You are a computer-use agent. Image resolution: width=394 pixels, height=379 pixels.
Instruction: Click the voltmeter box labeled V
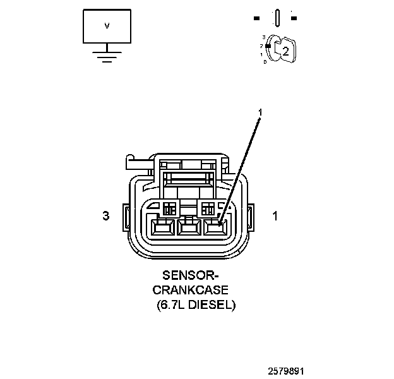107,26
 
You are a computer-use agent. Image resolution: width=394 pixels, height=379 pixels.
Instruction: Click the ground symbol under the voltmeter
107,55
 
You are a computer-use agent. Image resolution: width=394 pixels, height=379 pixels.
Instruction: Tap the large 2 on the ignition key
285,51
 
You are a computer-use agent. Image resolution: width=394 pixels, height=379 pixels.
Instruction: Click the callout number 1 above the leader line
260,112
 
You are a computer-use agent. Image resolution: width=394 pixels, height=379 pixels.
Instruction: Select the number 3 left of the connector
106,216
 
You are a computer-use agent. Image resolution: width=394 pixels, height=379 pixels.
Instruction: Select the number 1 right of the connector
275,216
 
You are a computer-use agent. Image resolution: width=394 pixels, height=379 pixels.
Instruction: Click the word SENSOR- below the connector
190,275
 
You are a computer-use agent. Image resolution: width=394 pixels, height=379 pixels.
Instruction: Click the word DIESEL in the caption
213,305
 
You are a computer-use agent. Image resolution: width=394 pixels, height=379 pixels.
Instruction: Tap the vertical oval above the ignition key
277,18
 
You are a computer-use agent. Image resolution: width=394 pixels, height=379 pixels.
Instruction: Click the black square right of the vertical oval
294,18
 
